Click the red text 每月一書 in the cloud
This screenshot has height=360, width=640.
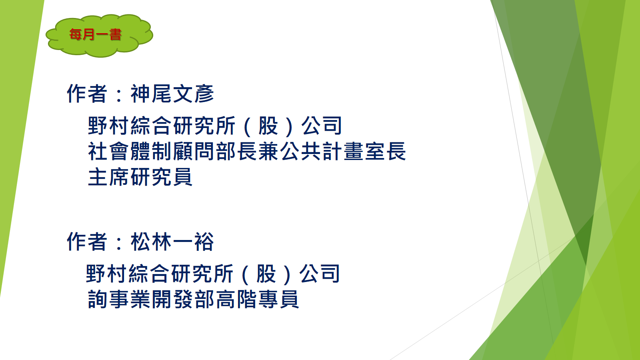(96, 34)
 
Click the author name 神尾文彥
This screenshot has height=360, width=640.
(172, 94)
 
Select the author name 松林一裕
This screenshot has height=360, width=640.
(172, 242)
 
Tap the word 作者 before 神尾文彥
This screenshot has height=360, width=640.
(87, 94)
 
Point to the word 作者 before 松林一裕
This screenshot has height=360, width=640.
(87, 242)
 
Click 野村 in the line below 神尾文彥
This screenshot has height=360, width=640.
(108, 126)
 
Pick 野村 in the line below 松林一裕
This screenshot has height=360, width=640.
(106, 274)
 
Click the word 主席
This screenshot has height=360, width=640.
(108, 177)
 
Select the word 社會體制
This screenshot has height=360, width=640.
(130, 152)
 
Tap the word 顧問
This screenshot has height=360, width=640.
(193, 152)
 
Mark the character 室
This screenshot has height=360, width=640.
(374, 152)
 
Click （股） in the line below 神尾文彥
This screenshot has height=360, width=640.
(268, 126)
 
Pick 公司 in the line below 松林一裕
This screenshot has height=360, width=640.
(320, 274)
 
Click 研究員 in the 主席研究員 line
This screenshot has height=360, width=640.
(162, 177)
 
